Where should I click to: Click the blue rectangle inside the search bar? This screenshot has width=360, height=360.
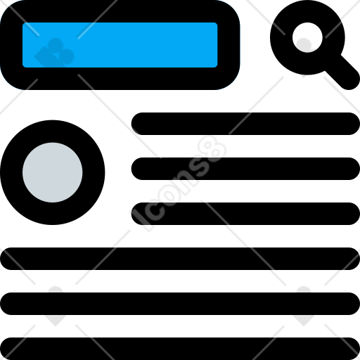pyautogui.click(x=120, y=45)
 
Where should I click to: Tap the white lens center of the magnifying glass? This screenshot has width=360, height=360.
pyautogui.click(x=307, y=37)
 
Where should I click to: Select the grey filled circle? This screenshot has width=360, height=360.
pyautogui.click(x=53, y=172)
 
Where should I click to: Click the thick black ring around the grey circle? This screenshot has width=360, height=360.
pyautogui.click(x=11, y=172)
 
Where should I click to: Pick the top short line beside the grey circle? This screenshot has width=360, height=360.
pyautogui.click(x=245, y=124)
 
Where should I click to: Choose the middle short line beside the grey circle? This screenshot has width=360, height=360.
pyautogui.click(x=245, y=169)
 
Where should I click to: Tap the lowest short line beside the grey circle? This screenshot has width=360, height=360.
pyautogui.click(x=245, y=214)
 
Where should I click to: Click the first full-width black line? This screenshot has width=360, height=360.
pyautogui.click(x=180, y=259)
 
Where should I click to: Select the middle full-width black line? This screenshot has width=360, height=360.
pyautogui.click(x=180, y=304)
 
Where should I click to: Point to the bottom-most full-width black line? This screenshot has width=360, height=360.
pyautogui.click(x=180, y=349)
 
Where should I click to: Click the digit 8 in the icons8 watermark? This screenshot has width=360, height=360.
pyautogui.click(x=212, y=149)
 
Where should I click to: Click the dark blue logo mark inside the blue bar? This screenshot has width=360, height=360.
pyautogui.click(x=54, y=53)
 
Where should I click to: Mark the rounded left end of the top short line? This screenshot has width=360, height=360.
pyautogui.click(x=134, y=124)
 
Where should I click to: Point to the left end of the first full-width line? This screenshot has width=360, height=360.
pyautogui.click(x=3, y=259)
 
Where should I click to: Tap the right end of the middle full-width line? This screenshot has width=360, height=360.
pyautogui.click(x=357, y=304)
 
